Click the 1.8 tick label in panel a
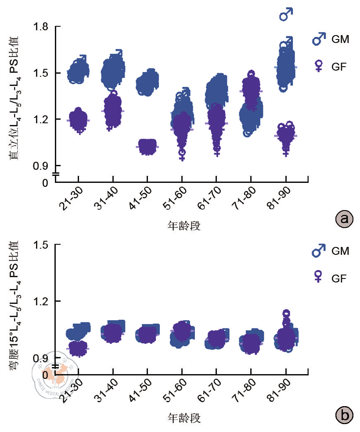point(43,27)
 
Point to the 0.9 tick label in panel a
point(43,166)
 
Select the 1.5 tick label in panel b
point(43,245)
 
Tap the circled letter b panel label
point(344,413)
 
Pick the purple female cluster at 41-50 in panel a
point(148,146)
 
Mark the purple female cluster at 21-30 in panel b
point(78,349)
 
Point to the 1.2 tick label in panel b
point(43,301)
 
